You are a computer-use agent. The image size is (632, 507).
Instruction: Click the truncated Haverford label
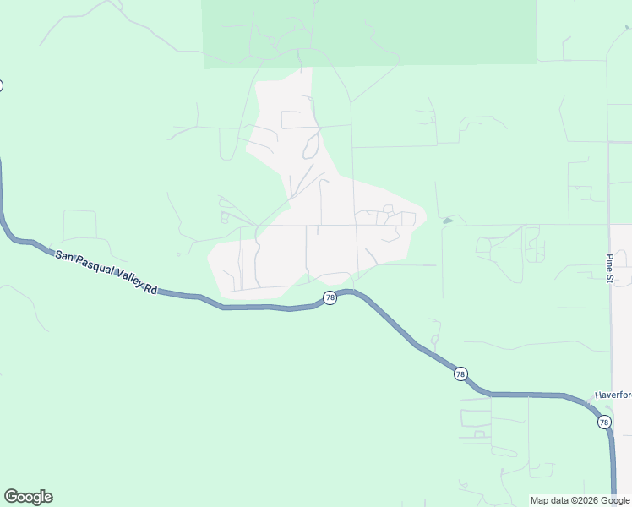(613, 395)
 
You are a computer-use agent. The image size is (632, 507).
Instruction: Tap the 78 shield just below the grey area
(330, 297)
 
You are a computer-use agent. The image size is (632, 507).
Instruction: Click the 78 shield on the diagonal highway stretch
(460, 373)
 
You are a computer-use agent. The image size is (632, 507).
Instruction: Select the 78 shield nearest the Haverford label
(603, 422)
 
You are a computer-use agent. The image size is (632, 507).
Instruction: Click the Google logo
(28, 497)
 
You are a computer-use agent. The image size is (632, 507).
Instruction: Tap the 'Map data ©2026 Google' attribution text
(579, 500)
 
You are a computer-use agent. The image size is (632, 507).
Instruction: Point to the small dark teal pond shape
(447, 221)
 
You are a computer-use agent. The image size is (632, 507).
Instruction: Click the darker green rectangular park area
(369, 32)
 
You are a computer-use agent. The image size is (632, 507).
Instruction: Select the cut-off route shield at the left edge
(1, 85)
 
